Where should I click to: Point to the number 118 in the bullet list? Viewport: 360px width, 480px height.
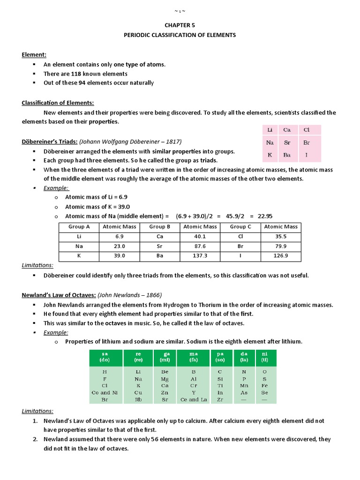tap(77, 74)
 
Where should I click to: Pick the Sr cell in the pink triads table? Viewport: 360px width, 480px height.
tap(287, 142)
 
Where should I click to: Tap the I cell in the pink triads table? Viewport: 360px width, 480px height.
tap(307, 155)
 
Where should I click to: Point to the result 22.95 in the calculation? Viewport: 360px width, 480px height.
tap(264, 216)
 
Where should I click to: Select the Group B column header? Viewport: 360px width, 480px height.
tap(160, 227)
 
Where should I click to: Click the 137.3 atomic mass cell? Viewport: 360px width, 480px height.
tap(200, 256)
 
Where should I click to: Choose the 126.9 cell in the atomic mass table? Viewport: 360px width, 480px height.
tap(281, 256)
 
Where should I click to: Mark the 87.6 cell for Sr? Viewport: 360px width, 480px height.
tap(200, 246)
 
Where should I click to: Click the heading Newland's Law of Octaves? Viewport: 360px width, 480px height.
tap(59, 295)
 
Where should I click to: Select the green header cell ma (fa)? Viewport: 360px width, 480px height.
tap(194, 358)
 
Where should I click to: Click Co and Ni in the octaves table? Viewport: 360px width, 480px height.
tap(105, 392)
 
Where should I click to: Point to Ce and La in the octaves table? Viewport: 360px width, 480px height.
tap(194, 399)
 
